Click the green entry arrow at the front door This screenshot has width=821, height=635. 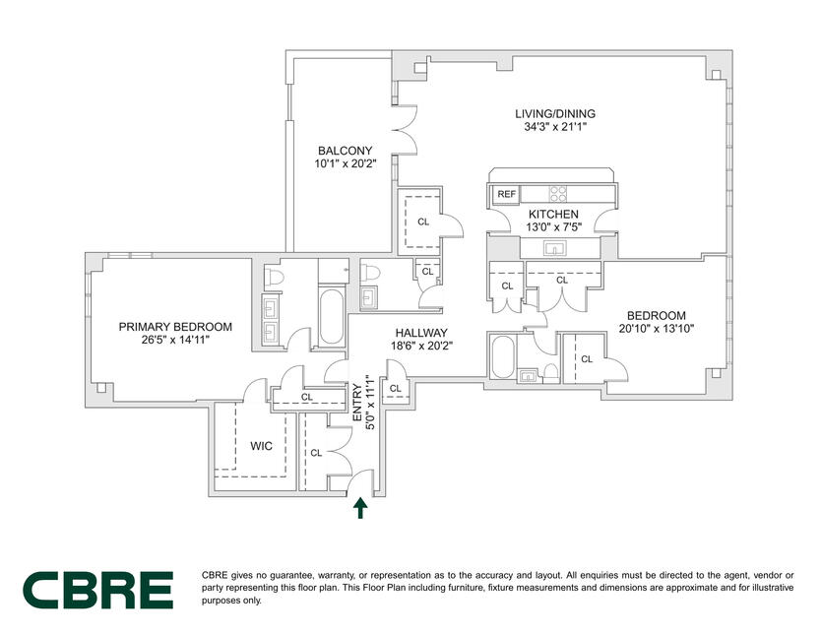tap(359, 508)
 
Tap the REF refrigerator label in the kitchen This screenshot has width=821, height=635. tap(506, 194)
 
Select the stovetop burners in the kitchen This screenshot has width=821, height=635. tap(558, 194)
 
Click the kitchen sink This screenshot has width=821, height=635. tap(553, 248)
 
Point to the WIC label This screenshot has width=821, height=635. tap(261, 446)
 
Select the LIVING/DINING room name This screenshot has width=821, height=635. tap(555, 113)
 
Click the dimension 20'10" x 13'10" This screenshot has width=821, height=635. tap(656, 329)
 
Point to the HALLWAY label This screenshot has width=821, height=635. tap(421, 333)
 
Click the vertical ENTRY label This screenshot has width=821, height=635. tap(357, 403)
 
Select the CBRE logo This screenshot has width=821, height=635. tap(98, 590)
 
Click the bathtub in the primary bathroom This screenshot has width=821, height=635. tap(332, 317)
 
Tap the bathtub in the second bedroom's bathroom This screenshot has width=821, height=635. tap(503, 357)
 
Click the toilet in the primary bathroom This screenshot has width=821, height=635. tap(274, 276)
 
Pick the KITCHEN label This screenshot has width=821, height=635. tap(553, 214)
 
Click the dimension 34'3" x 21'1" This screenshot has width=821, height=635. tap(555, 127)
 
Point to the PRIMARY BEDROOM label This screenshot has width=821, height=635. tap(175, 327)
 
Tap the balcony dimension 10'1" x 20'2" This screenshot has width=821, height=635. tap(346, 163)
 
